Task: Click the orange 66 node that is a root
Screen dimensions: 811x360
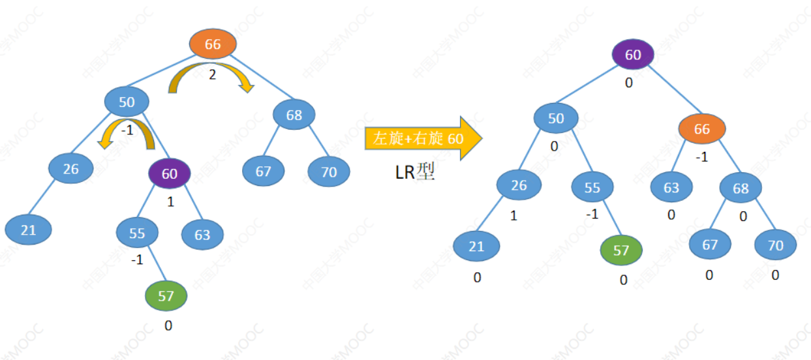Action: [213, 44]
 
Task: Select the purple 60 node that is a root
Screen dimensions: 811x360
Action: [633, 55]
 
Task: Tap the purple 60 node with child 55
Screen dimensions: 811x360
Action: [169, 173]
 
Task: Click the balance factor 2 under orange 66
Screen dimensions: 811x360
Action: [212, 74]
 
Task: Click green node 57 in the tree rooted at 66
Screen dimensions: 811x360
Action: [166, 296]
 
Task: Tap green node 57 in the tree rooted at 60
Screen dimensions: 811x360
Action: [620, 250]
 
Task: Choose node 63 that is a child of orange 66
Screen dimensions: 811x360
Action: [671, 188]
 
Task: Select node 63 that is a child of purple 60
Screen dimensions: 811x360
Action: [202, 234]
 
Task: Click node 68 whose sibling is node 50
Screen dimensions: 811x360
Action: [294, 115]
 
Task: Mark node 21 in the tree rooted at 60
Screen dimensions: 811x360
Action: [477, 247]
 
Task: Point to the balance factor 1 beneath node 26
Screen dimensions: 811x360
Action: [513, 216]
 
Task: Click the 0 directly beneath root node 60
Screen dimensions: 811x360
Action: [629, 83]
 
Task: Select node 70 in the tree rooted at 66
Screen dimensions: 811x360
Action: [329, 172]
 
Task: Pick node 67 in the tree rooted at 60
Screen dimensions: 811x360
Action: [710, 245]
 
